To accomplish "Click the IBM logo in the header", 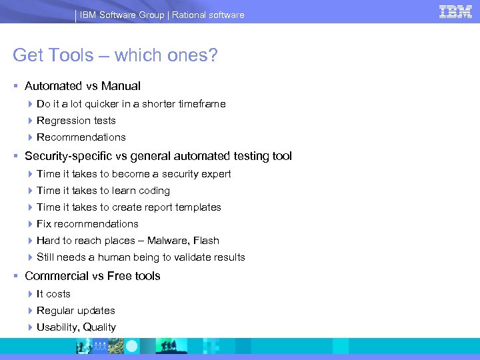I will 455,11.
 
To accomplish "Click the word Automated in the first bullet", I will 53,86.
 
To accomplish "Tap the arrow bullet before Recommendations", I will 31,137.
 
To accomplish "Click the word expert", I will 215,174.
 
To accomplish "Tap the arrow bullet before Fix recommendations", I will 31,224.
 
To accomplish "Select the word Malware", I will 168,241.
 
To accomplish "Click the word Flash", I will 206,241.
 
